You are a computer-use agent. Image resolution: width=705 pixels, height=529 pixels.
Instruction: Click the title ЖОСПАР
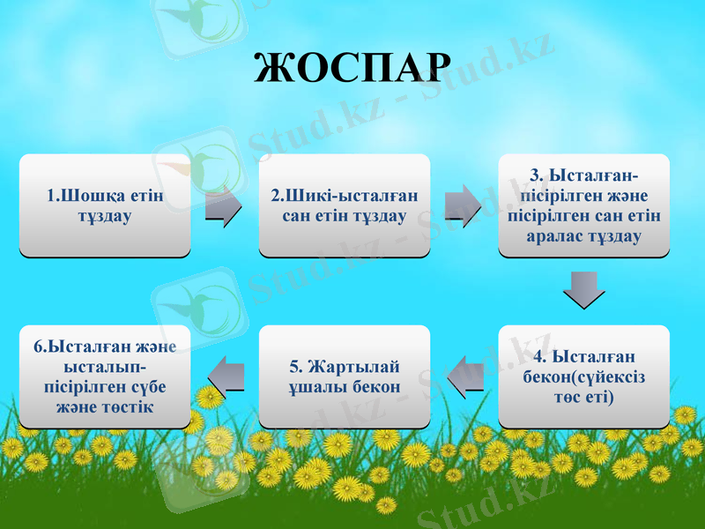pos(352,68)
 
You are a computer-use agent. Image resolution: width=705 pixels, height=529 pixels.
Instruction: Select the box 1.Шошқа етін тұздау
pos(105,205)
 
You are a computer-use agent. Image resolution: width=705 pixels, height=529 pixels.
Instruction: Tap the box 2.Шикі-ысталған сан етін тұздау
pos(344,205)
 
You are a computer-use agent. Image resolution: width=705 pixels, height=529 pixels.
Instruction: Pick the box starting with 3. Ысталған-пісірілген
pos(583,205)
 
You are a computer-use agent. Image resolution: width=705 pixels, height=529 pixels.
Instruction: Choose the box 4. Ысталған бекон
pos(583,376)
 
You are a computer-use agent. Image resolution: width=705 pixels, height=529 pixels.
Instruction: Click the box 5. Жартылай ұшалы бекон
pos(344,376)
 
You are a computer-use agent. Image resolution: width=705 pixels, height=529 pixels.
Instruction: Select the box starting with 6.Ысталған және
pos(105,376)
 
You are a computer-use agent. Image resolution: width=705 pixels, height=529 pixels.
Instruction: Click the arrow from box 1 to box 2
pos(224,206)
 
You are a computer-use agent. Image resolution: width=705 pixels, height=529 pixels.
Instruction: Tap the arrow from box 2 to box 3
pos(464,206)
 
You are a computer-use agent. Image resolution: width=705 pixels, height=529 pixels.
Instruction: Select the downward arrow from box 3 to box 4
pos(583,289)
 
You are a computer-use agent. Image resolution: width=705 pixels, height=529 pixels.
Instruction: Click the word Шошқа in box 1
pos(89,195)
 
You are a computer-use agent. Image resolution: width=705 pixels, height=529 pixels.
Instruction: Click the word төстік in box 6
pos(130,406)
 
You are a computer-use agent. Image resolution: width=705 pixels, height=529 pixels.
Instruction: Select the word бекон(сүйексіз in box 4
pos(583,377)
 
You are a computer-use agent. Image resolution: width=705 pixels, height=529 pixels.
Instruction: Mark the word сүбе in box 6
pos(147,387)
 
